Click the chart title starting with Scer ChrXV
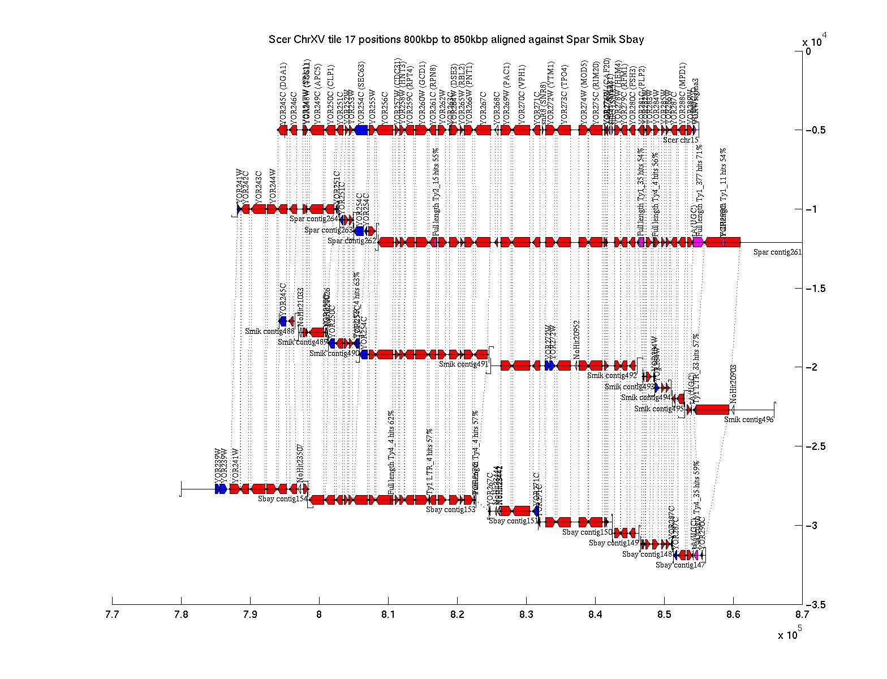(x=456, y=40)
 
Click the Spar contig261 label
(x=777, y=252)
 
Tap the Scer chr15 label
(x=681, y=140)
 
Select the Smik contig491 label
(x=463, y=364)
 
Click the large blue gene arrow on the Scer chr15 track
(x=361, y=130)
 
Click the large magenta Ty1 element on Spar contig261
(x=698, y=242)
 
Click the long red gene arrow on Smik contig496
(x=712, y=410)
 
